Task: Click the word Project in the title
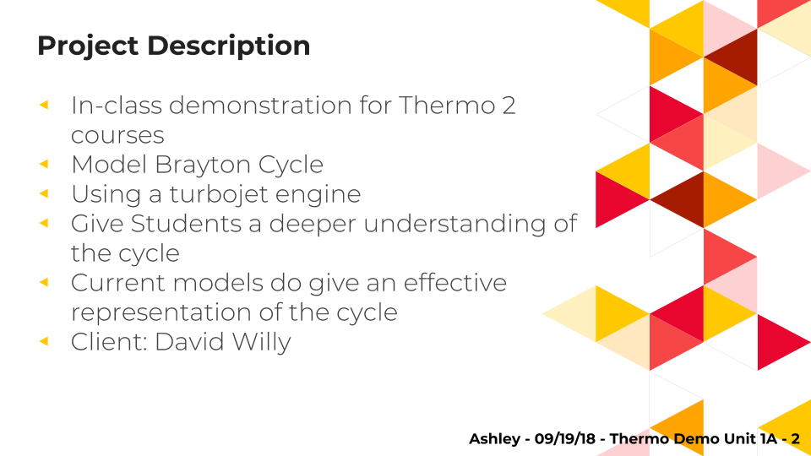coord(88,46)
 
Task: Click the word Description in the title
coord(229,46)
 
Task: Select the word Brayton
coord(203,166)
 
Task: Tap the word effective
coord(455,283)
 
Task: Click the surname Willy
coord(262,343)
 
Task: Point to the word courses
coord(117,136)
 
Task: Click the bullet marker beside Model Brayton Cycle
coord(44,164)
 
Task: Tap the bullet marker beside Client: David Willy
coord(44,340)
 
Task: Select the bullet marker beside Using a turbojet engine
coord(44,193)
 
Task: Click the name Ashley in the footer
coord(494,439)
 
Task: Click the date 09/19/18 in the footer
coord(565,439)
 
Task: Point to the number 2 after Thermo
coord(509,106)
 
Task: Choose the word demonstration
coord(261,106)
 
